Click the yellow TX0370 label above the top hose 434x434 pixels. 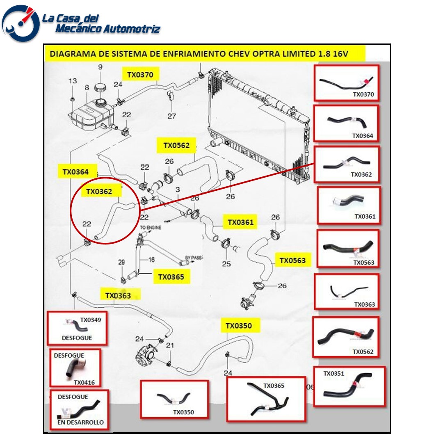pyautogui.click(x=140, y=75)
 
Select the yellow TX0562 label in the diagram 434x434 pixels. pyautogui.click(x=176, y=145)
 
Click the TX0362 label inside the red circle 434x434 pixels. pyautogui.click(x=99, y=191)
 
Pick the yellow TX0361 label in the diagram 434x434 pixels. pyautogui.click(x=241, y=222)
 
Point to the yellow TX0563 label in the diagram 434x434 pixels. pyautogui.click(x=292, y=260)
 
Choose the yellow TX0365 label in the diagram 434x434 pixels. pyautogui.click(x=171, y=277)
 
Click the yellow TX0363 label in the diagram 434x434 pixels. pyautogui.click(x=118, y=295)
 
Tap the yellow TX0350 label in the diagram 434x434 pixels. pyautogui.click(x=238, y=326)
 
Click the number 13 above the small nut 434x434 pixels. pyautogui.click(x=72, y=81)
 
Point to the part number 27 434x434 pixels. pyautogui.click(x=171, y=116)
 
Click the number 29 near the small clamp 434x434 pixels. pyautogui.click(x=121, y=263)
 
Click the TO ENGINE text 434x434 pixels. pyautogui.click(x=151, y=227)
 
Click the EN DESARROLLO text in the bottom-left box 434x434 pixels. pyautogui.click(x=80, y=422)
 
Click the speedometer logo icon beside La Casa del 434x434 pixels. pyautogui.click(x=21, y=23)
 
